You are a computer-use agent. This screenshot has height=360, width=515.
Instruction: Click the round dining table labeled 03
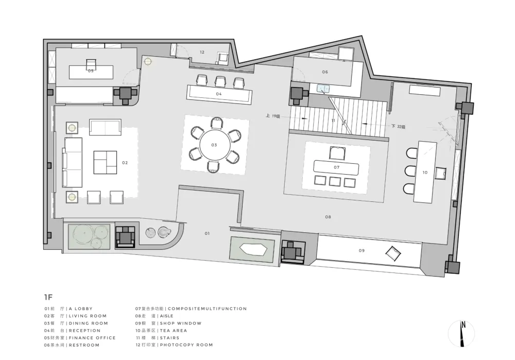coord(214,145)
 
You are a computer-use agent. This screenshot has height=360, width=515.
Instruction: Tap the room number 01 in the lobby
coord(207,233)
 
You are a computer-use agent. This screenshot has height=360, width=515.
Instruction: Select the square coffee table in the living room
coord(105,162)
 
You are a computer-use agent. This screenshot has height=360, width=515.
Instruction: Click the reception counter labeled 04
coord(219,94)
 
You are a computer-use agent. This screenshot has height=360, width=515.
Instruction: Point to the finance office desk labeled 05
coord(91,72)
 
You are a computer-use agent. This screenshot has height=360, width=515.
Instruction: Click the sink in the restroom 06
coord(323,88)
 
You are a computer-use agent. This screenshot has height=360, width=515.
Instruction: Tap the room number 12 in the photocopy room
coord(202,52)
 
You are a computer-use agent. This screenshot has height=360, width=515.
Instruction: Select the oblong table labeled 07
coord(337,167)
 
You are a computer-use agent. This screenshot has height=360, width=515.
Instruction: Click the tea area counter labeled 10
coord(425,172)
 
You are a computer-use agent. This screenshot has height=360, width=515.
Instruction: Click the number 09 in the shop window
coord(362,251)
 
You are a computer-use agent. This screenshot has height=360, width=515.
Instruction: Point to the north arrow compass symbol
coord(461,333)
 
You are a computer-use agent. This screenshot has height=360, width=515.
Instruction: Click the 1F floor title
coord(48,297)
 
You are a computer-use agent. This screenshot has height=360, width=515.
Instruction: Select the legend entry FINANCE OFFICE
coord(92,338)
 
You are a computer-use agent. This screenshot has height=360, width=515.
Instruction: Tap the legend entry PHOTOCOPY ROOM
coord(186,345)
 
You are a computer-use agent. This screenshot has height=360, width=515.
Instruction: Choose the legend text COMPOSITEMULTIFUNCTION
coord(207,309)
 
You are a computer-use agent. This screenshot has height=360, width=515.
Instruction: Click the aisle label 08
coord(328,217)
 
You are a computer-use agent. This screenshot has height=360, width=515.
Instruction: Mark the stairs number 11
coord(333,121)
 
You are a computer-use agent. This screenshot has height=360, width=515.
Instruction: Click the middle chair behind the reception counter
coord(220,82)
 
